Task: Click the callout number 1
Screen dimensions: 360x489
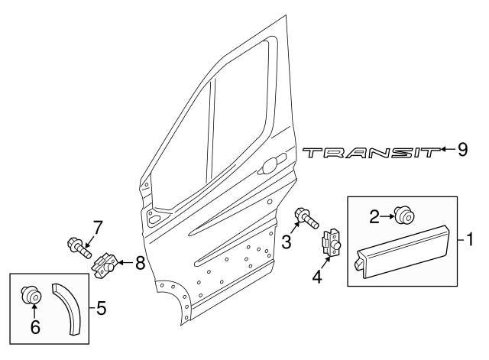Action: click(470, 240)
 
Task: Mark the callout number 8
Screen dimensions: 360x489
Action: click(140, 264)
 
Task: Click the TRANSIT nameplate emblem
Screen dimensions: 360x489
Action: click(371, 154)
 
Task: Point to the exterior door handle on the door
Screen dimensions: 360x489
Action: click(273, 164)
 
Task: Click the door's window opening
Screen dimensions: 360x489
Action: click(214, 130)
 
